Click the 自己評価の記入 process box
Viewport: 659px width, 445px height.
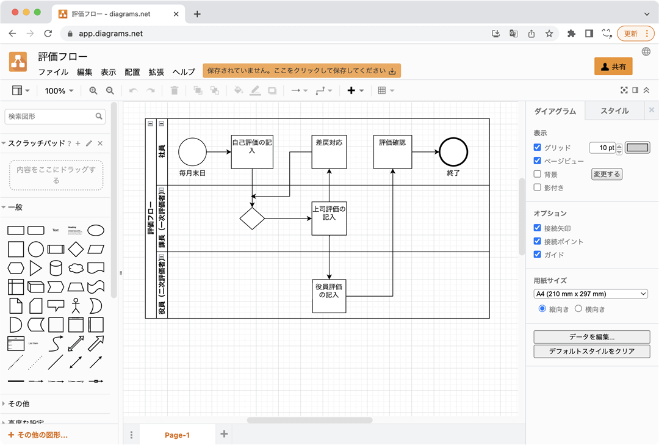pos(252,151)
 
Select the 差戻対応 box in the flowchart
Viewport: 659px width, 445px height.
pos(329,151)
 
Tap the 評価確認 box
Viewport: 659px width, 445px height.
pos(392,151)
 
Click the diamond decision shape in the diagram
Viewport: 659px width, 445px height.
pos(252,218)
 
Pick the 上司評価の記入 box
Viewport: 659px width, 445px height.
pos(329,218)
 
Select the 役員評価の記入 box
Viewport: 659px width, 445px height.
pos(329,296)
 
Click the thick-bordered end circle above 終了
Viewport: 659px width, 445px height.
pos(453,151)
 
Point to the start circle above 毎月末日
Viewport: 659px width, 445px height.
pos(192,151)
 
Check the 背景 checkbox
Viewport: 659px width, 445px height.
pos(538,175)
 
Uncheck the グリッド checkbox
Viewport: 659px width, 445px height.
pos(538,148)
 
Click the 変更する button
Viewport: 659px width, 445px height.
pos(607,175)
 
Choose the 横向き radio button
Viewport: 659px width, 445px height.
pos(579,309)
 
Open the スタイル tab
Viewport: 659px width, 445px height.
pos(614,111)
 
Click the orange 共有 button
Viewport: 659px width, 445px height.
pos(613,67)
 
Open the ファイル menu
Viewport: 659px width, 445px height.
pos(53,72)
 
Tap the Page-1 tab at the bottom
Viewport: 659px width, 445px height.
pos(177,435)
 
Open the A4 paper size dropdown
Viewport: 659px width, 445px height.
pos(591,294)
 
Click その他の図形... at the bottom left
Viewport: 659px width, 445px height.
pos(38,435)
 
